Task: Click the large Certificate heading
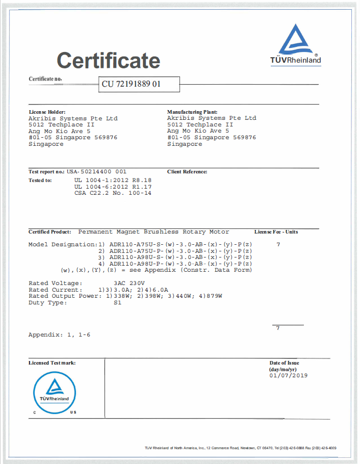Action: pyautogui.click(x=108, y=61)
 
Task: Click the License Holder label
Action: pyautogui.click(x=47, y=112)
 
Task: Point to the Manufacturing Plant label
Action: pyautogui.click(x=192, y=112)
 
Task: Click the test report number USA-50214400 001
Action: pyautogui.click(x=96, y=172)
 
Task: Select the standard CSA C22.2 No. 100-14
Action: pyautogui.click(x=113, y=193)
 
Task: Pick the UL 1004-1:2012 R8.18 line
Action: pyautogui.click(x=113, y=180)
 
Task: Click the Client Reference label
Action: pyautogui.click(x=187, y=172)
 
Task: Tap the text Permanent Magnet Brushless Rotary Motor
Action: pyautogui.click(x=153, y=231)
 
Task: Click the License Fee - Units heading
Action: pyautogui.click(x=276, y=231)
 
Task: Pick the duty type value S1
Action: pyautogui.click(x=117, y=303)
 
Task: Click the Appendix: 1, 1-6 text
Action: pyautogui.click(x=59, y=335)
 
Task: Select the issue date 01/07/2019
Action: pyautogui.click(x=288, y=375)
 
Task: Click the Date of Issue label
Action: pyautogui.click(x=284, y=363)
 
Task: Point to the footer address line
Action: pyautogui.click(x=241, y=448)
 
